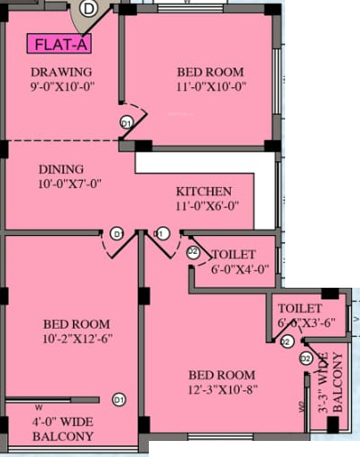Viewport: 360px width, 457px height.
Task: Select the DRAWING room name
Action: pyautogui.click(x=61, y=72)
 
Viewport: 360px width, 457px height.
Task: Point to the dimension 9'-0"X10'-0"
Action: pyautogui.click(x=61, y=86)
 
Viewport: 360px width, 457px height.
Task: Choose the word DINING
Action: pyautogui.click(x=61, y=169)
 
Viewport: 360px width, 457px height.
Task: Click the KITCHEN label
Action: pyautogui.click(x=203, y=192)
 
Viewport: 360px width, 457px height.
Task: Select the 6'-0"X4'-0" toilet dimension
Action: pyautogui.click(x=239, y=270)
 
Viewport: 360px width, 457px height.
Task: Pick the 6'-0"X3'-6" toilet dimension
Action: pyautogui.click(x=306, y=322)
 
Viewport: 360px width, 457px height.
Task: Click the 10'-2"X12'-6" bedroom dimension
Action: pyautogui.click(x=77, y=339)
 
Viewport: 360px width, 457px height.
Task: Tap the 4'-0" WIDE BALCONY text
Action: pyautogui.click(x=62, y=428)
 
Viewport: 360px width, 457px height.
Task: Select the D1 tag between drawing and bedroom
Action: pyautogui.click(x=126, y=122)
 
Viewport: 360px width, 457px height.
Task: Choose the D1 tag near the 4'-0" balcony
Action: pyautogui.click(x=119, y=398)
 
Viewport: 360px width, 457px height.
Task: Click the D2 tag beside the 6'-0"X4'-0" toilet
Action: pyautogui.click(x=192, y=252)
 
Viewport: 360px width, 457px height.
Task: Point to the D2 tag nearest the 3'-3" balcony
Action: pyautogui.click(x=305, y=359)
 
